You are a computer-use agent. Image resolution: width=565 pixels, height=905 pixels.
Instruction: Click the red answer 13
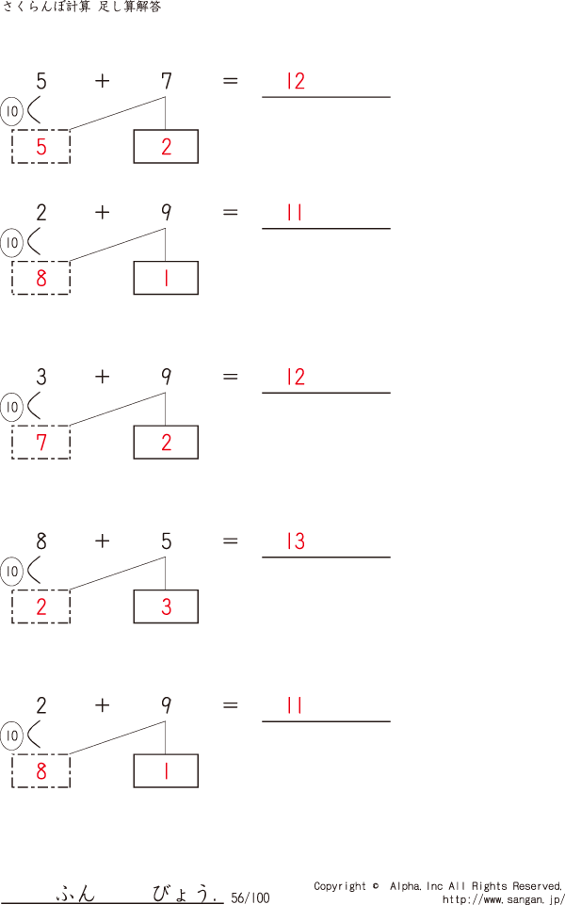coord(296,541)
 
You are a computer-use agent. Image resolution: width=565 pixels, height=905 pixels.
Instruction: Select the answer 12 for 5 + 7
coord(296,81)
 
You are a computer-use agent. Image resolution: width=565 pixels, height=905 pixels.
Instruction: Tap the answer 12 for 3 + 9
coord(296,378)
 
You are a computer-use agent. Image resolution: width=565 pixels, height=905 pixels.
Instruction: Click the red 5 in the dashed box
coord(40,147)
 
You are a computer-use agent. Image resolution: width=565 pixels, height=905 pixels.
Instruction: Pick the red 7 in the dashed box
coord(40,443)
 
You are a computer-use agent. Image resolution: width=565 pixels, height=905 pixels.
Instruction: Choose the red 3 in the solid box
coord(166,607)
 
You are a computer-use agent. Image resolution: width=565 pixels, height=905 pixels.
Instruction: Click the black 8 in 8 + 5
coord(41,541)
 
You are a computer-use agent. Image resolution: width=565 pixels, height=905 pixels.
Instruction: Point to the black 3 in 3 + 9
coord(41,378)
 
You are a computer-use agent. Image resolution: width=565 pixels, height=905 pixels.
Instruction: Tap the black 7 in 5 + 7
coord(166,81)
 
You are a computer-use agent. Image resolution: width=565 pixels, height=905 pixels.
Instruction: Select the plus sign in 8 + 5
coord(102,541)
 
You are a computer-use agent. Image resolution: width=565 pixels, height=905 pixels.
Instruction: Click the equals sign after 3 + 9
coord(231,377)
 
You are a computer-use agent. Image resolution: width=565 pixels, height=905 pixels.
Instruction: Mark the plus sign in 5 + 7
coord(102,81)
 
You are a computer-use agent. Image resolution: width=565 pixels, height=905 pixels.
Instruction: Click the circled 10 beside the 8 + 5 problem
coord(11,572)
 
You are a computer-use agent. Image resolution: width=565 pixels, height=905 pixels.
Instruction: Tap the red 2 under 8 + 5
coord(40,607)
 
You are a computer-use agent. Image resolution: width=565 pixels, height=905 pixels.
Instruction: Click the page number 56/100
coord(250,898)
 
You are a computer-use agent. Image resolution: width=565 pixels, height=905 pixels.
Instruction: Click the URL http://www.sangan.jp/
coord(503,899)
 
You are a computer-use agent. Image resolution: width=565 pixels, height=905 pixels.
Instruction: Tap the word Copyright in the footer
coord(340,886)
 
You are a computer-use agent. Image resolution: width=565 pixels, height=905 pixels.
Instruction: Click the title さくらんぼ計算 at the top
coord(47,8)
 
